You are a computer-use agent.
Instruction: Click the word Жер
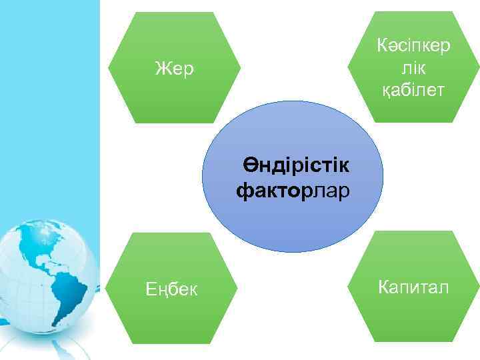point(174,69)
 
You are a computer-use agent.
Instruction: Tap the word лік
point(413,69)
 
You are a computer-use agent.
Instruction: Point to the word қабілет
point(413,90)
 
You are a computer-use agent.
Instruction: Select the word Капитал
point(413,287)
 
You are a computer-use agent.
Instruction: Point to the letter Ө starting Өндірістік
point(249,165)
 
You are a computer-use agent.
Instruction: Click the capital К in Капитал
point(383,287)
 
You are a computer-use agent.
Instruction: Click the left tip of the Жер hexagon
point(108,67)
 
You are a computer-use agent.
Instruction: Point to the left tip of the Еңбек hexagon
point(107,288)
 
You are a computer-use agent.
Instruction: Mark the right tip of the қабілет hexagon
point(478,67)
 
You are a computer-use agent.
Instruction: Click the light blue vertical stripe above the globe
point(50,100)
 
